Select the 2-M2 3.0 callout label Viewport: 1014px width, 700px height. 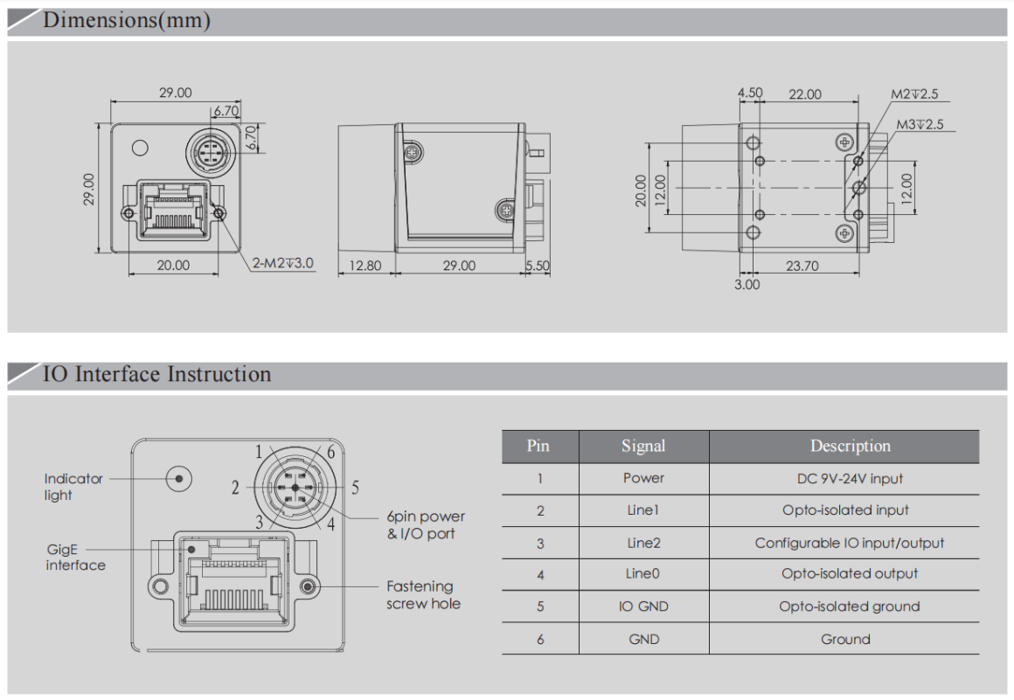282,263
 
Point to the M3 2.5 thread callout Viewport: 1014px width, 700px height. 920,125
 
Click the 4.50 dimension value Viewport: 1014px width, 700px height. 750,93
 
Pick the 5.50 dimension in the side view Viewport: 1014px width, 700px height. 538,265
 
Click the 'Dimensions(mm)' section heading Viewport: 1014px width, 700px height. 127,20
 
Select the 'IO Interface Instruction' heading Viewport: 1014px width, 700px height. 156,374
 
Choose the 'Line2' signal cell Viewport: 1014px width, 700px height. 643,543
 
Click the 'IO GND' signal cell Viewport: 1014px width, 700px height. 643,606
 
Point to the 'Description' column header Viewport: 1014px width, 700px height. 850,446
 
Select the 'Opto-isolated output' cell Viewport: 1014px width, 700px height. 849,574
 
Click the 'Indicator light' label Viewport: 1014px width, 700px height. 73,487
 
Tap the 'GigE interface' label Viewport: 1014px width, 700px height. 75,558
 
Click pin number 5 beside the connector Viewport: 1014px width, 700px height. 355,488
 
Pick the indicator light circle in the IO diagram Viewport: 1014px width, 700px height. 178,478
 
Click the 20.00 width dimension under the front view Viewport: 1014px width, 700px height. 172,265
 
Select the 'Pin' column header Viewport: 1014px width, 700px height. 538,446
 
